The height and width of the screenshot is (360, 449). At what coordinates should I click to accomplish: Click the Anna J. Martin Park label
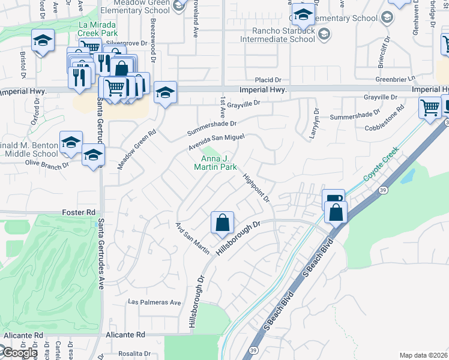pyautogui.click(x=215, y=163)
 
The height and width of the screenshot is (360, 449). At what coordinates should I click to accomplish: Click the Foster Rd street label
pyautogui.click(x=79, y=212)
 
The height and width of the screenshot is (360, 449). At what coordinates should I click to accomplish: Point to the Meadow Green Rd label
pyautogui.click(x=137, y=148)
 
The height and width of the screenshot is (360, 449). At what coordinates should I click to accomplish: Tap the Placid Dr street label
pyautogui.click(x=268, y=80)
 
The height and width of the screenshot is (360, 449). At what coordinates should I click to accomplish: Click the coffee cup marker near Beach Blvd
pyautogui.click(x=333, y=200)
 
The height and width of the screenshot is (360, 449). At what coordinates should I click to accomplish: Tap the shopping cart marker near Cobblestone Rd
pyautogui.click(x=430, y=108)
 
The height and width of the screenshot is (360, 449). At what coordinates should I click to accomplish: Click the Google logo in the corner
pyautogui.click(x=19, y=353)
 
